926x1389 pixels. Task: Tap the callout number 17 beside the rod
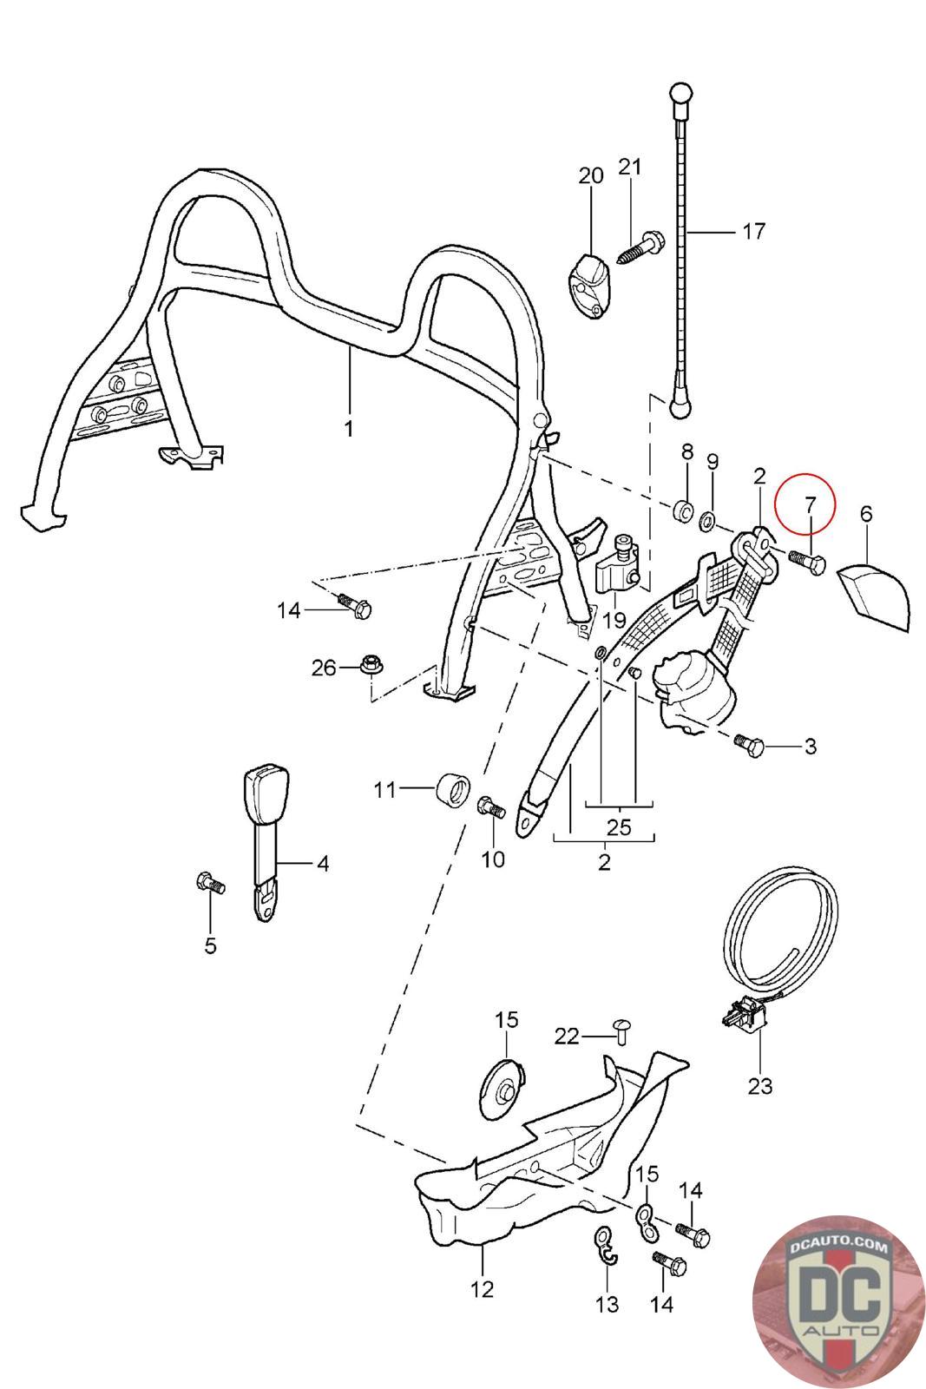[x=753, y=231]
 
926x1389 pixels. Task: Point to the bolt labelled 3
[x=749, y=745]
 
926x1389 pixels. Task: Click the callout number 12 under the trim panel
[x=482, y=1289]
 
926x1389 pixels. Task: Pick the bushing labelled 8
[x=685, y=510]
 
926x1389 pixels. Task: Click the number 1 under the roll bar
[x=349, y=429]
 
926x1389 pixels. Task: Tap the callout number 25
[x=619, y=826]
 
